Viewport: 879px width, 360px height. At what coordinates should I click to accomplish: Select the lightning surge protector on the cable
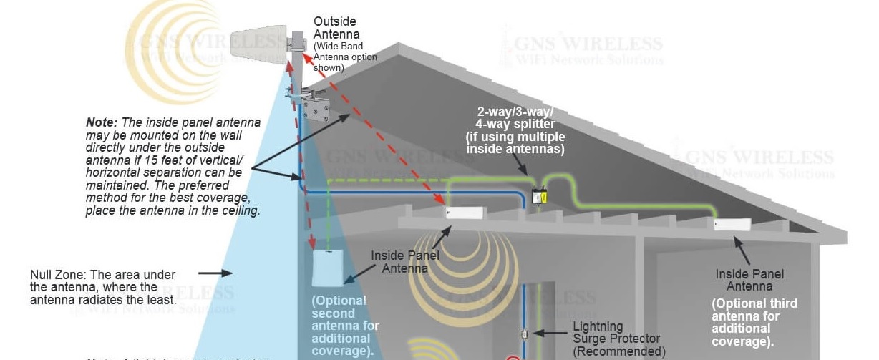coord(525,334)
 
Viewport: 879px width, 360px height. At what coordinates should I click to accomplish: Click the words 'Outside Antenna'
coord(336,28)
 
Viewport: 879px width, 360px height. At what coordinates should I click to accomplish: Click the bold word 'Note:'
coord(101,122)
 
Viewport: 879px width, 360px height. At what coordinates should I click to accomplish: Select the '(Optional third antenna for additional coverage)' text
coord(753,322)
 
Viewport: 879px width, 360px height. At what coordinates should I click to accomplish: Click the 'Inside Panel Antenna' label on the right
coord(749,280)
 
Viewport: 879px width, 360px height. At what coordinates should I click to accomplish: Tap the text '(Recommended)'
coord(619,351)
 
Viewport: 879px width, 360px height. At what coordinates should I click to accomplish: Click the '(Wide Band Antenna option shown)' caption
coord(345,57)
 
